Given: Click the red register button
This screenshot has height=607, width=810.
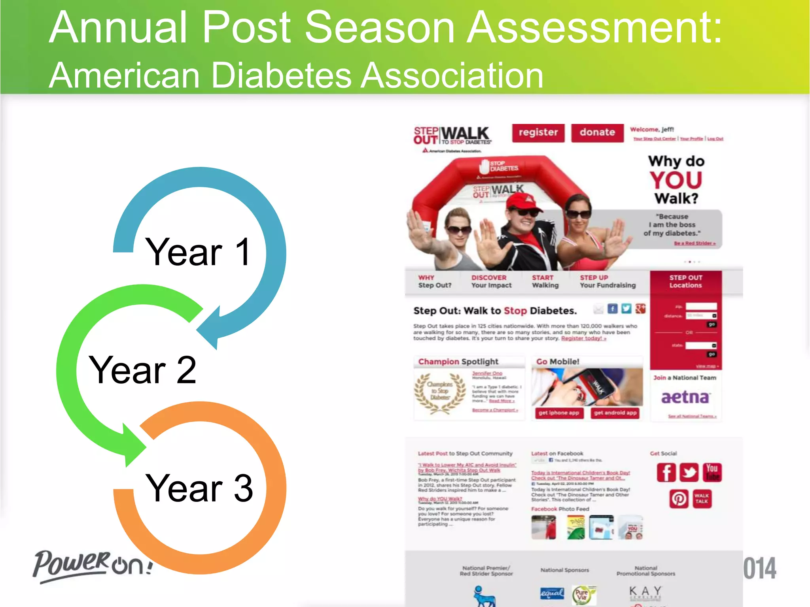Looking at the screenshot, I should pos(538,133).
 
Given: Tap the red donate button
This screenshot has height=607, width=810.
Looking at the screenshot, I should pos(597,133).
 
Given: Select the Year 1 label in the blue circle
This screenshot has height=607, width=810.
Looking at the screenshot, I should pos(198,252).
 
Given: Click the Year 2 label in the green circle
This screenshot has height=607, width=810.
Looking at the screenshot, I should pos(142,370).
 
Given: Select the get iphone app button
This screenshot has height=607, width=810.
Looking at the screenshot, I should pos(558,413).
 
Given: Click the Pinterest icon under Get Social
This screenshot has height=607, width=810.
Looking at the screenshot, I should pos(679,499).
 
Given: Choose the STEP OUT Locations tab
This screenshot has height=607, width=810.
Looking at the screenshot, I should pos(685,281).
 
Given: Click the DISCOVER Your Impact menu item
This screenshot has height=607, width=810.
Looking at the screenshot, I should pos(491,281).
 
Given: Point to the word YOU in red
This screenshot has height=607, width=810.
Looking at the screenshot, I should pos(676,180).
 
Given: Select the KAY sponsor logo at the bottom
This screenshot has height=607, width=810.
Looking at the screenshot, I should pos(645,591).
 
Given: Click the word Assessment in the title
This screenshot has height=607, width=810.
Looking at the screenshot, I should pos(594,28).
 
